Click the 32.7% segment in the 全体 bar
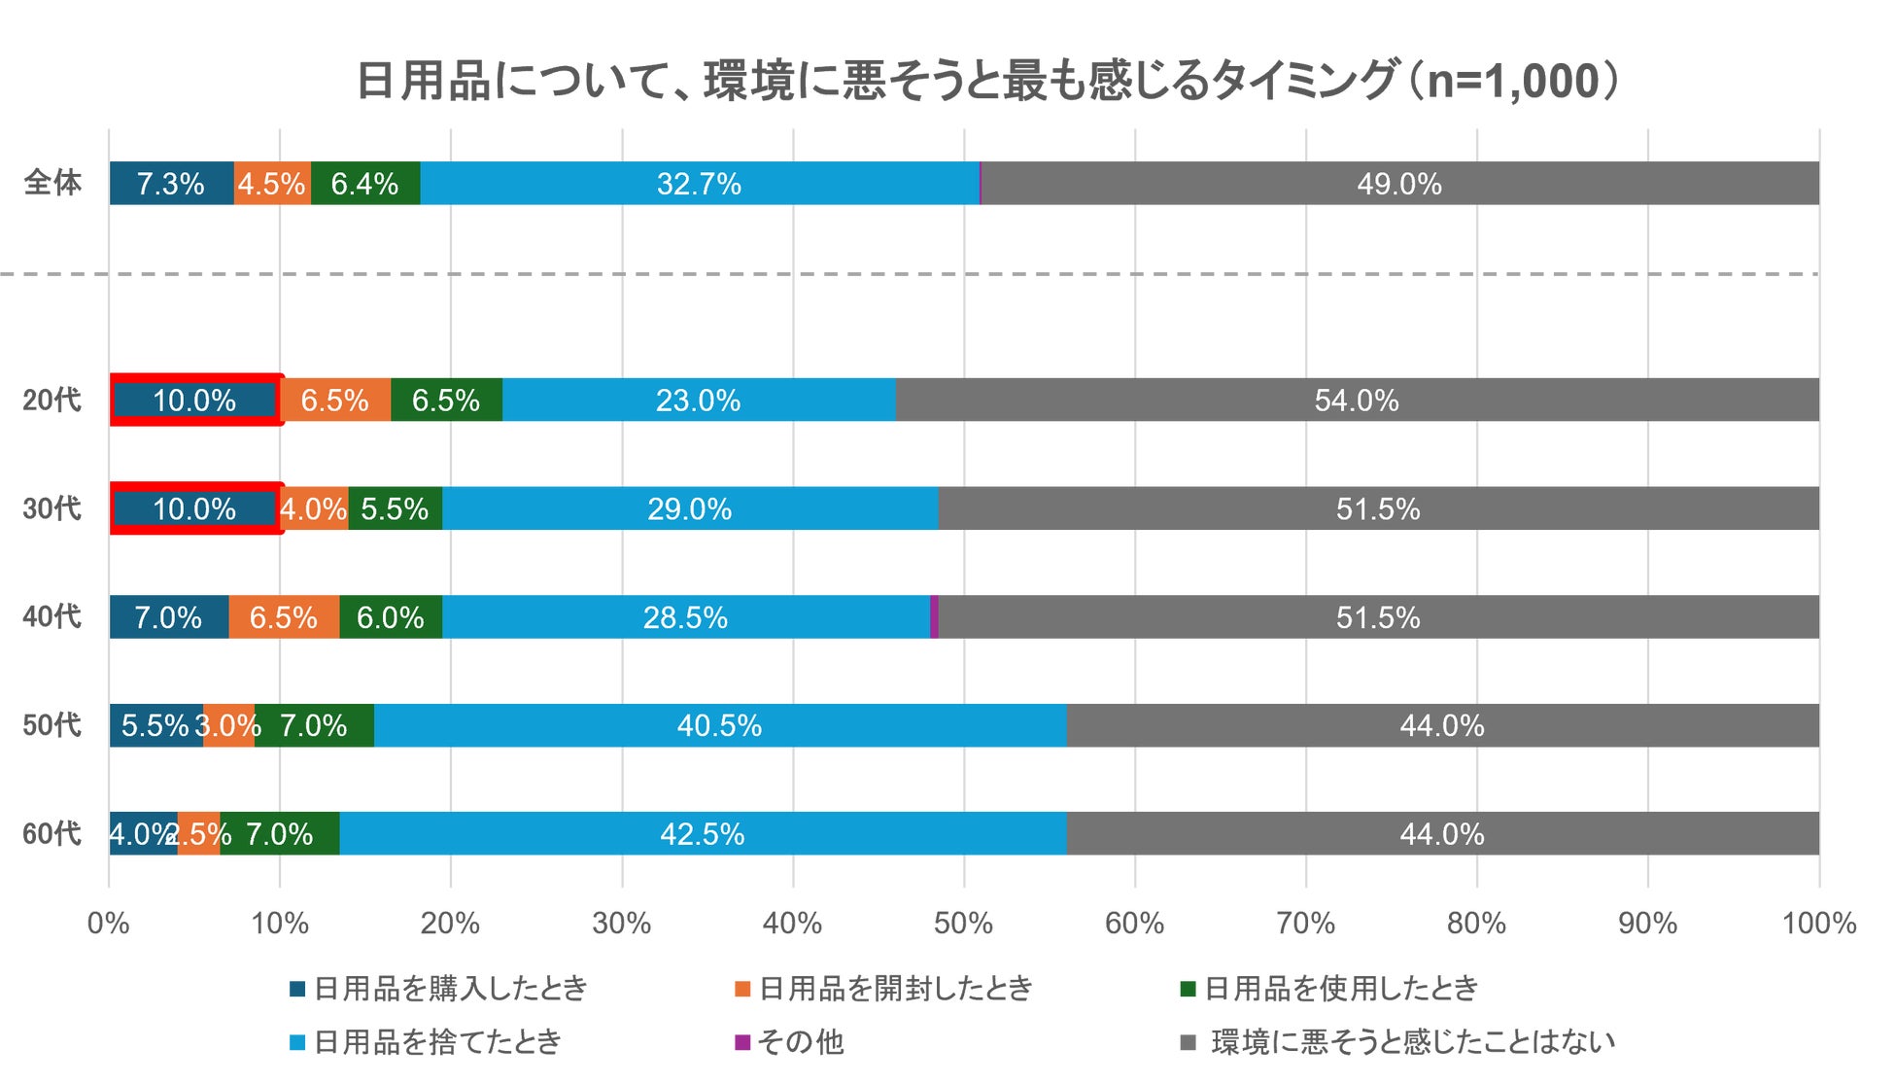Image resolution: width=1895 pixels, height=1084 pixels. coord(700,184)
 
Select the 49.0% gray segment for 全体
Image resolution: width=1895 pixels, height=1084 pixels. coord(1399,184)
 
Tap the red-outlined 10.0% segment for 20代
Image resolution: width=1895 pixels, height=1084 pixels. coord(195,400)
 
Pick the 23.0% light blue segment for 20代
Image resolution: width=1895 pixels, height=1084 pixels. coord(699,400)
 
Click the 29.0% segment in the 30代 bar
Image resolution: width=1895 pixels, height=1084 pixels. coord(690,508)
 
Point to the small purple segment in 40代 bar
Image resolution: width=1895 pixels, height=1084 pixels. coord(934,617)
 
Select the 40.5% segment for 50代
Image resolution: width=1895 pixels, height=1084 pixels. coord(719,725)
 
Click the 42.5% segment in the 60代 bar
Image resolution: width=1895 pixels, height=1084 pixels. coord(703,834)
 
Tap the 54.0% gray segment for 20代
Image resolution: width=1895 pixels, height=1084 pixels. coord(1357,400)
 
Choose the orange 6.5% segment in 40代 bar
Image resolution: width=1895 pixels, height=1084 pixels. coord(284,617)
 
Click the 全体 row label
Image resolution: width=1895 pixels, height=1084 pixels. coord(52,183)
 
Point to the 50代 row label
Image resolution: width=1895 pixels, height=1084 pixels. coord(52,725)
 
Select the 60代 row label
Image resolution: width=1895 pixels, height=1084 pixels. coord(52,834)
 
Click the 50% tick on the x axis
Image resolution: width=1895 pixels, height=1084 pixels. coord(963,923)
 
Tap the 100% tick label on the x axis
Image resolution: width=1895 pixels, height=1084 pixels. coord(1818,923)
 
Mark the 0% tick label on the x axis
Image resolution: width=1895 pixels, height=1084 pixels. coord(109,923)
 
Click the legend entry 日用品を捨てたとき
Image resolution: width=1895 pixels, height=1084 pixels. coord(437,1042)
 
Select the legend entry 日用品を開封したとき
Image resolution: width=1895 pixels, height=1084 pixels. coord(895,989)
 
